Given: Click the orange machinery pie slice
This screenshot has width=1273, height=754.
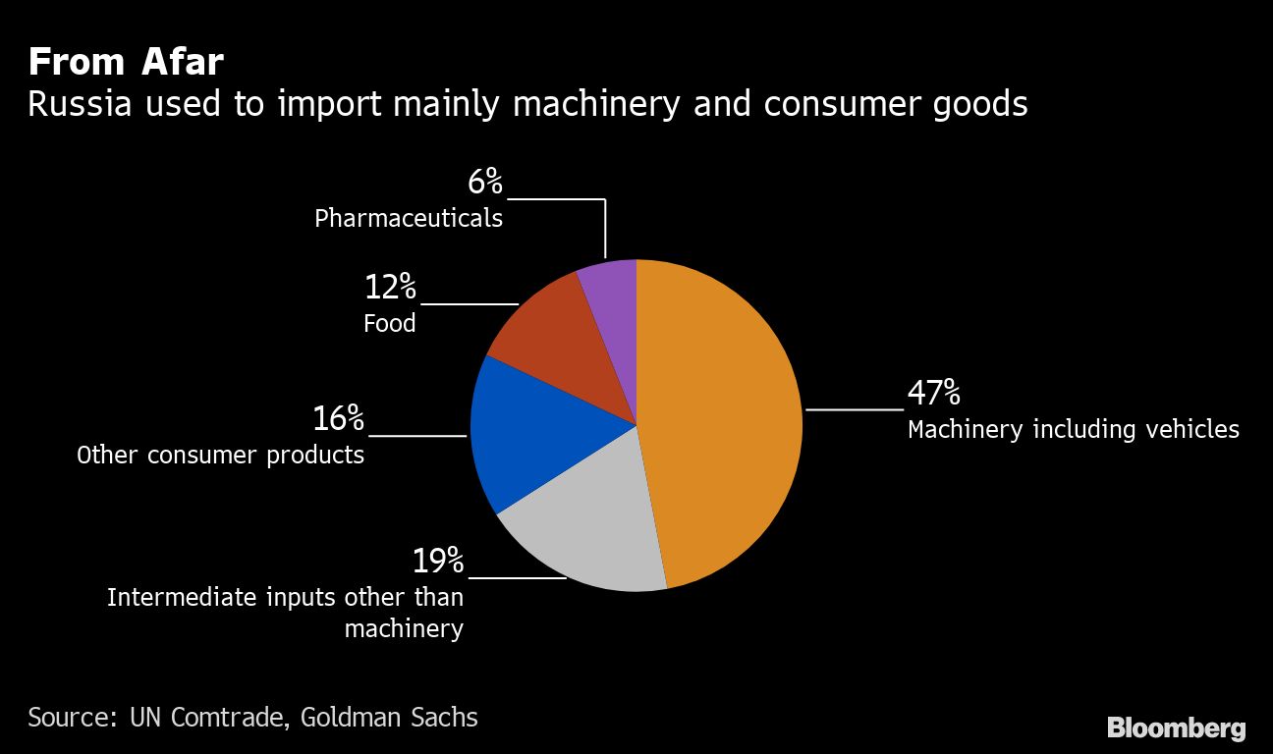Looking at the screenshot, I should pos(722,422).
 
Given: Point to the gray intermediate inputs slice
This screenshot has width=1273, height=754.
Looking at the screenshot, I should pos(589,530).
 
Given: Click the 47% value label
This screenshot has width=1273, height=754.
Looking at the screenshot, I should pos(933,394).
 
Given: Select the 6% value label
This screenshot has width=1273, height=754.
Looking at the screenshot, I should pos(484,182).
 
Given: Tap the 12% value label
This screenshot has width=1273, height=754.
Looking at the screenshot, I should pos(390,288).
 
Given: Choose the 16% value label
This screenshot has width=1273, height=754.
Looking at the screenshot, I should pos(338,419).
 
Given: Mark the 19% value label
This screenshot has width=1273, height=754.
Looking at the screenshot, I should pos(437,562).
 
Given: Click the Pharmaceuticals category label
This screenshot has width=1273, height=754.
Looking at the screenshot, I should pos(409,218).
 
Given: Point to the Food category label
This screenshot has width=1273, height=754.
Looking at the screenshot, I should pos(390,324).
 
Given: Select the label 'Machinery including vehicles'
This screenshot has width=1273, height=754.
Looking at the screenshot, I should pos(1074,430).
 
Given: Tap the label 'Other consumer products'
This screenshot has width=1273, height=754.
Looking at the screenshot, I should pos(221,456).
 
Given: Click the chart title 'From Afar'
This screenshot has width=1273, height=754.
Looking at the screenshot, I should pos(126,63).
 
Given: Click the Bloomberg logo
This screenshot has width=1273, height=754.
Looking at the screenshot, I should pos(1176,728).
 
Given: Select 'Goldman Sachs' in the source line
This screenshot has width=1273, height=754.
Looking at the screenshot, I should pos(389,718).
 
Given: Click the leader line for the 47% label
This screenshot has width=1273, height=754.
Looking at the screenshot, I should pos(854,408).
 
